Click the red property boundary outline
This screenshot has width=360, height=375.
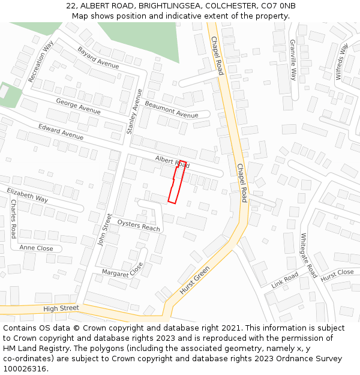point(175,182)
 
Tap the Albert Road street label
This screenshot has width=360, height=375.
point(172,161)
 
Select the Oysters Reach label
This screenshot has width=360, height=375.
point(139,225)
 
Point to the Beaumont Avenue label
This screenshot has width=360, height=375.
point(171,110)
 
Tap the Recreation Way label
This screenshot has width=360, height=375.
point(41,61)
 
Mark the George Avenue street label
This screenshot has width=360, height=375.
point(78,106)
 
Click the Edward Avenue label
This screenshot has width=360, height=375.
point(61,131)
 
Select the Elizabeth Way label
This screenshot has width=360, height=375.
point(28,194)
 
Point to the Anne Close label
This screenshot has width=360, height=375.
point(36,248)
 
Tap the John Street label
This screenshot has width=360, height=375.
point(104,229)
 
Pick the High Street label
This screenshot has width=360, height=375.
point(61,308)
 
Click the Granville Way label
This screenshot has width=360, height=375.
point(293,60)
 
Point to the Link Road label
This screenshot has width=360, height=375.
point(284,280)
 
